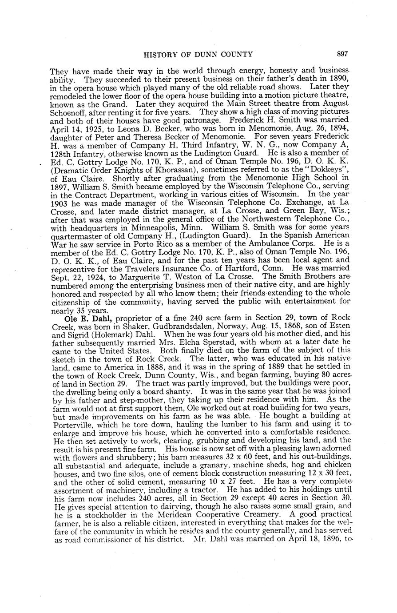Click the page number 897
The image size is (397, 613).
pyautogui.click(x=341, y=54)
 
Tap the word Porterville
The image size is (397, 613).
pyautogui.click(x=71, y=425)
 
